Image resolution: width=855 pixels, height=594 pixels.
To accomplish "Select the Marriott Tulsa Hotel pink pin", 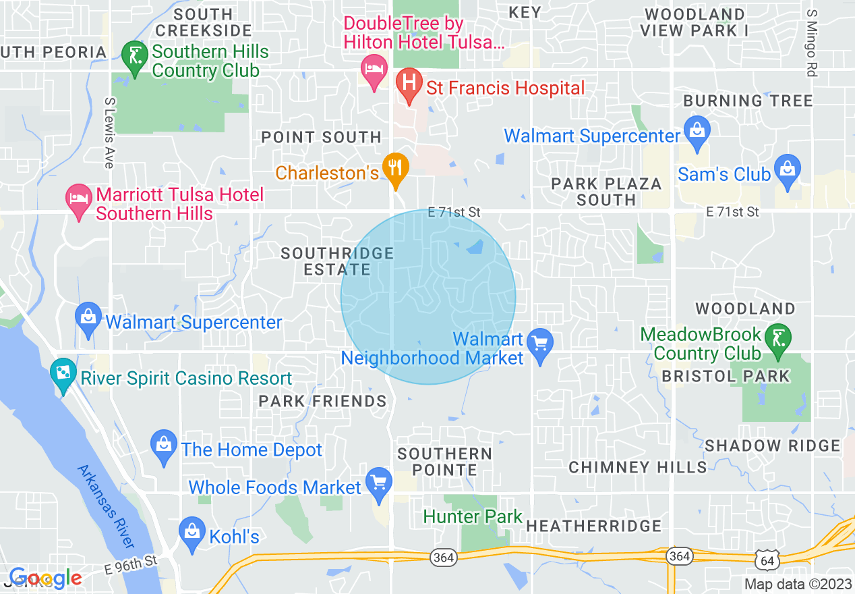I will tap(79, 199).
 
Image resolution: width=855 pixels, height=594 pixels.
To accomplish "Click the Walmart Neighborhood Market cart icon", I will tap(539, 344).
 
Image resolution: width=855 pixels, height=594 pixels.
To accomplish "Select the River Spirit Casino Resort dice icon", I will tap(63, 374).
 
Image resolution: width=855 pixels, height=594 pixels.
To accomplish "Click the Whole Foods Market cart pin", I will tap(378, 483).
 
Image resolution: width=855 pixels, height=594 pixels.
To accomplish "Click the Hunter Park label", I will tap(473, 517).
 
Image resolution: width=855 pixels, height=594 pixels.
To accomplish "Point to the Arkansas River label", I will tap(107, 506).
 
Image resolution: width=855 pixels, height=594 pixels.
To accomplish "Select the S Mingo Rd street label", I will tap(811, 43).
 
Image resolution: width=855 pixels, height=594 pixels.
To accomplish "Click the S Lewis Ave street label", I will tap(109, 132).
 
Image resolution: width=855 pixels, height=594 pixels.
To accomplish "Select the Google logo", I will tap(45, 577).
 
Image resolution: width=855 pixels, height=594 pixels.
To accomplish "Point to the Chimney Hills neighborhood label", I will tap(638, 467).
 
